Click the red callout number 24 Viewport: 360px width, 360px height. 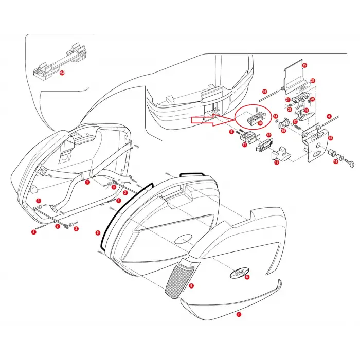(x=62, y=74)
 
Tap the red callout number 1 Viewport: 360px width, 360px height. (x=87, y=182)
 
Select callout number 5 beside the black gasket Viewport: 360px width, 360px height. (x=98, y=233)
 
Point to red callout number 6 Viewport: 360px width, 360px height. (x=191, y=285)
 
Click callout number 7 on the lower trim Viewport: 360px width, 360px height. (x=238, y=313)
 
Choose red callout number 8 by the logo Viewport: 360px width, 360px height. (x=247, y=277)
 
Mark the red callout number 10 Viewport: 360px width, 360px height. (x=260, y=123)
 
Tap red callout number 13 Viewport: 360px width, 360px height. (x=276, y=163)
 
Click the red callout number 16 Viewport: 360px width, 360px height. (x=264, y=91)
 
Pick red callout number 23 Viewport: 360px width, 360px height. (x=312, y=81)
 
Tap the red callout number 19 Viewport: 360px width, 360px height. (x=283, y=131)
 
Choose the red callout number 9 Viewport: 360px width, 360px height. (x=231, y=132)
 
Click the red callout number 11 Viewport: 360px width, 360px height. (x=244, y=146)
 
